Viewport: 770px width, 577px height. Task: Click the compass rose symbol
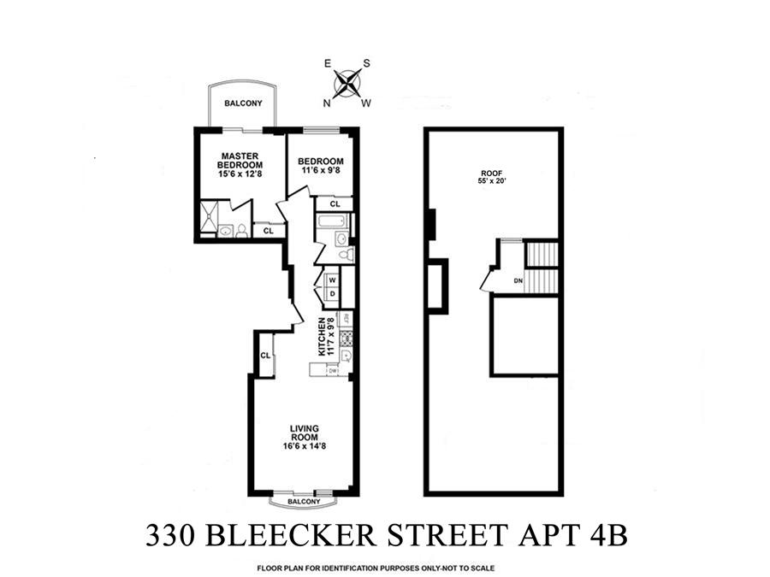(346, 84)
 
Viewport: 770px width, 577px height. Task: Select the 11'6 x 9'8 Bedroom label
(322, 166)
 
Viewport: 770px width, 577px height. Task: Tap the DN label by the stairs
(518, 280)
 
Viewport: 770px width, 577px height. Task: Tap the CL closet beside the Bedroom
(335, 204)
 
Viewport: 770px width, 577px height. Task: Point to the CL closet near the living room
(265, 356)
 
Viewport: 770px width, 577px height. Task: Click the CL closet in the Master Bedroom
(269, 231)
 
